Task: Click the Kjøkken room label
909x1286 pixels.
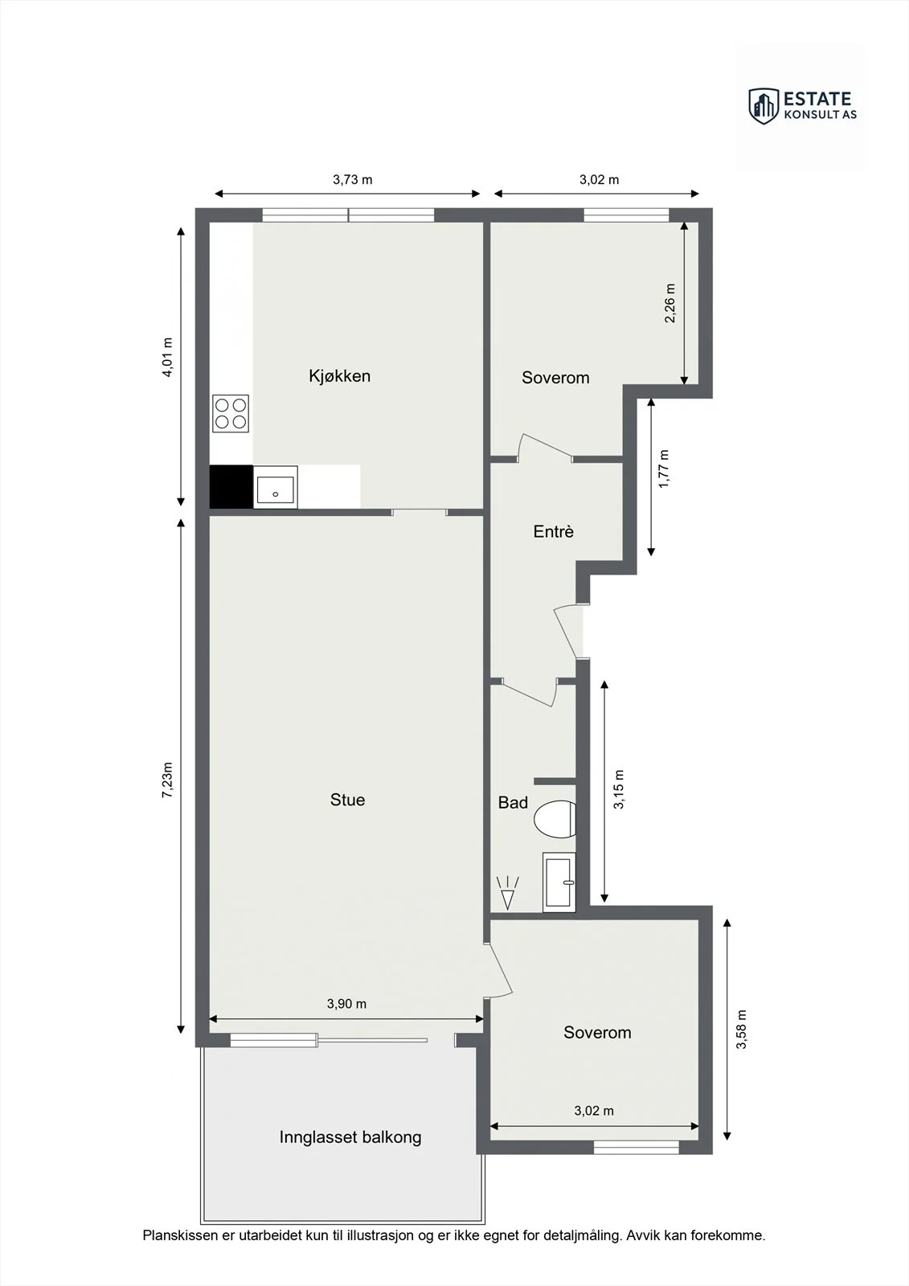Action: pos(339,376)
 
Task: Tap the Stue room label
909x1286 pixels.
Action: pos(347,800)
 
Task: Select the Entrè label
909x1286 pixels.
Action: pos(554,531)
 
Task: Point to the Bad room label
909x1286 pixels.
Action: pos(513,802)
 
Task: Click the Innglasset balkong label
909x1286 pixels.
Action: pos(350,1137)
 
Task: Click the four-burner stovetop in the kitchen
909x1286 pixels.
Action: pos(231,413)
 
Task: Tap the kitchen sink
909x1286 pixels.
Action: pos(276,487)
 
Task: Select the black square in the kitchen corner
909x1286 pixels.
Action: pos(231,487)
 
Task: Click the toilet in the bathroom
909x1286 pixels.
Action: pos(555,819)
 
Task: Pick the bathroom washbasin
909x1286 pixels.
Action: pos(559,883)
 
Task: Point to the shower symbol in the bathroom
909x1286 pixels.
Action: pos(508,893)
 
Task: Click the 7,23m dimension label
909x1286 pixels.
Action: pos(167,780)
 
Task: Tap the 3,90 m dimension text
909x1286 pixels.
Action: pos(347,1004)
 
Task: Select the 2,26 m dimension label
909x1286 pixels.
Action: pos(670,303)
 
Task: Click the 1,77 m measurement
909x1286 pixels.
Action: pos(664,469)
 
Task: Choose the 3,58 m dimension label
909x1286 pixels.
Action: pos(742,1029)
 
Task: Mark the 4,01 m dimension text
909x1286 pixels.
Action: pos(167,357)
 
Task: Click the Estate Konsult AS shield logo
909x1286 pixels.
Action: pos(764,106)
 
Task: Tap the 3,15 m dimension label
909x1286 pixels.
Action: pos(618,789)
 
